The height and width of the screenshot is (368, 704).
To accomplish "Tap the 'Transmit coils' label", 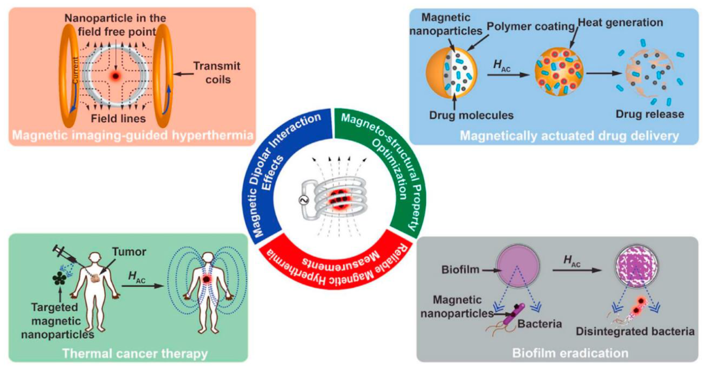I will click(x=217, y=73).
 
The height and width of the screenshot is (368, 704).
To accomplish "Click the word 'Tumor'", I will click(x=129, y=251).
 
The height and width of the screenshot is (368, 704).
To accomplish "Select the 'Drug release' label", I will click(x=650, y=114).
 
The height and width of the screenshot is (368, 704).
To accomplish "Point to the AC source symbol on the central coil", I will click(x=304, y=200).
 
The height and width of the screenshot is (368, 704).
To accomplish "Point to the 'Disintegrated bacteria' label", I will click(x=635, y=331).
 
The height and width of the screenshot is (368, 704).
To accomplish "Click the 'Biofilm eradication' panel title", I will click(x=570, y=353).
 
